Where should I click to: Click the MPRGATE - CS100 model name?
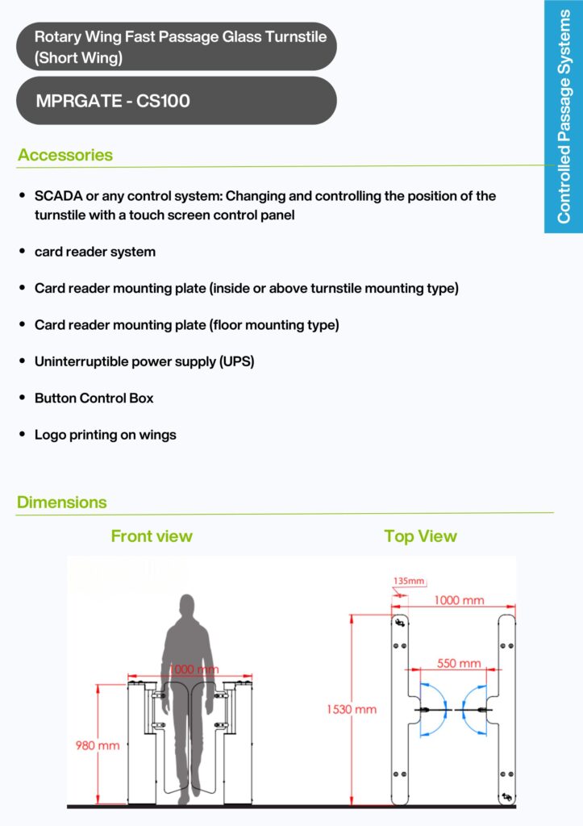(x=113, y=102)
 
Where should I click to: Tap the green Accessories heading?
(x=65, y=155)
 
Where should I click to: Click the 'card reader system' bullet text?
(x=94, y=252)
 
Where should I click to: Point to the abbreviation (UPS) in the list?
(x=236, y=361)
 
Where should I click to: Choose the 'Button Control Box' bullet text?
(x=94, y=398)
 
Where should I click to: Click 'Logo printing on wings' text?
(x=105, y=435)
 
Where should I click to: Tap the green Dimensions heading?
(x=62, y=503)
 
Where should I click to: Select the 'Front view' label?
(x=152, y=536)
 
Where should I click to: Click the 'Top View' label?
(x=420, y=536)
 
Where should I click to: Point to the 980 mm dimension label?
(x=98, y=745)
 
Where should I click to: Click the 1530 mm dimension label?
(x=351, y=710)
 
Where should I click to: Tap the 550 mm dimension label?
(x=459, y=664)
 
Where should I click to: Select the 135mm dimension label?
(x=409, y=581)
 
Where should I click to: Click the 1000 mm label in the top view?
(x=459, y=600)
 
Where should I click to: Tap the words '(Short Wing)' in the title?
(x=79, y=58)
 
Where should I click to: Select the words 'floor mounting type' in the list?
(x=276, y=325)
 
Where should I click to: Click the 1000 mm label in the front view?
(x=193, y=670)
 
